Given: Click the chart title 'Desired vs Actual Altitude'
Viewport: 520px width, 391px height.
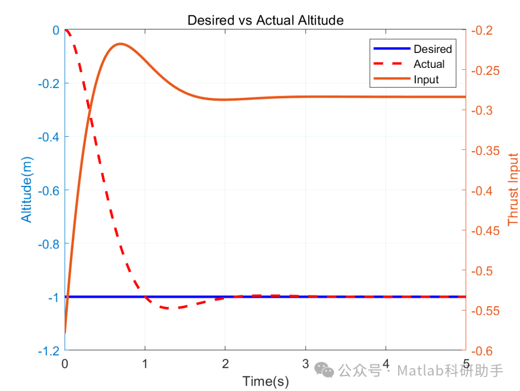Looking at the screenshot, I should tap(265, 20).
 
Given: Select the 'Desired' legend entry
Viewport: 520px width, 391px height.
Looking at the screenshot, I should tap(432, 49).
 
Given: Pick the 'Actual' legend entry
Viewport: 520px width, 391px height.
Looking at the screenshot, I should tap(429, 64).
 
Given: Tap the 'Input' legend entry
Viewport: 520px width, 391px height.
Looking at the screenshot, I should tap(426, 79).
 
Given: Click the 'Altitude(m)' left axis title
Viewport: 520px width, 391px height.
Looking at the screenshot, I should tap(27, 190).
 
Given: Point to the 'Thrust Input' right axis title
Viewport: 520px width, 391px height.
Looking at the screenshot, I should tap(513, 190).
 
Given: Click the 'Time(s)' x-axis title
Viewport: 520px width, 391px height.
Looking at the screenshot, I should tap(265, 382).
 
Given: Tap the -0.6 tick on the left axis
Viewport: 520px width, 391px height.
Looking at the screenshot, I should tap(48, 190).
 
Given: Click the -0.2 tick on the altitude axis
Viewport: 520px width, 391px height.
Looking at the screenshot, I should tap(48, 83).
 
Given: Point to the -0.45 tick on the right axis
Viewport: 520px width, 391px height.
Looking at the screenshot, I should tap(486, 231).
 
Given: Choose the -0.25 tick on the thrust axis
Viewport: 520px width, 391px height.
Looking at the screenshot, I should tap(486, 70).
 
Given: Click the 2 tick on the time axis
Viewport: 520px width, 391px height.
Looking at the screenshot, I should tap(225, 363).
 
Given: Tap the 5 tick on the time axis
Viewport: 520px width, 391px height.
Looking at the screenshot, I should tap(466, 363).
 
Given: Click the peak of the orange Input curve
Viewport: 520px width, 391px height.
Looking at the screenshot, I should tap(119, 44).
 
